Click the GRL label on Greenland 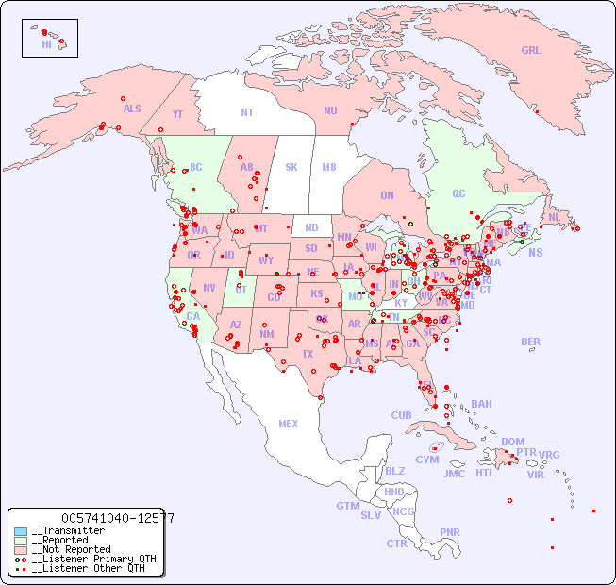point(531,51)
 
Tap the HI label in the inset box point(46,44)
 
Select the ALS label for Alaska point(132,109)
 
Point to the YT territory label point(177,115)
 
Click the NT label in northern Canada point(246,112)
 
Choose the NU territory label point(330,111)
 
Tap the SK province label point(291,168)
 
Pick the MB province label point(328,168)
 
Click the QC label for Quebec point(458,194)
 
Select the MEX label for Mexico point(288,425)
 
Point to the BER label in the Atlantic point(530,343)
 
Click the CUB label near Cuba point(401,416)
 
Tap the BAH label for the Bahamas point(481,405)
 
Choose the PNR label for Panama point(450,533)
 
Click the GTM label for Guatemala point(347,507)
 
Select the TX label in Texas point(307,355)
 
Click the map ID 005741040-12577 point(117,518)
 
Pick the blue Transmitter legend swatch point(20,531)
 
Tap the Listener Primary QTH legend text point(93,559)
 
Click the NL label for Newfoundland point(554,217)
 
